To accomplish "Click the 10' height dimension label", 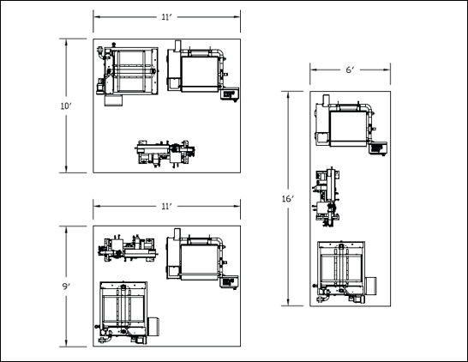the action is click(66, 106).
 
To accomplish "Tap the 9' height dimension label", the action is click(66, 287).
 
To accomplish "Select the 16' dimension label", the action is click(288, 199).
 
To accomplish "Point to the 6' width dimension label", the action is click(350, 69).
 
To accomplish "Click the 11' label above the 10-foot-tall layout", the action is click(167, 17).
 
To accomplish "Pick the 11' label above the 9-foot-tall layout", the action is click(167, 207).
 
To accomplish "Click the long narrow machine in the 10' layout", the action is click(165, 154).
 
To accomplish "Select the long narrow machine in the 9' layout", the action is click(129, 249).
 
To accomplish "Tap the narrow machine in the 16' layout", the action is click(327, 197).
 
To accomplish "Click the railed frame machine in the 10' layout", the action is click(128, 75).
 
